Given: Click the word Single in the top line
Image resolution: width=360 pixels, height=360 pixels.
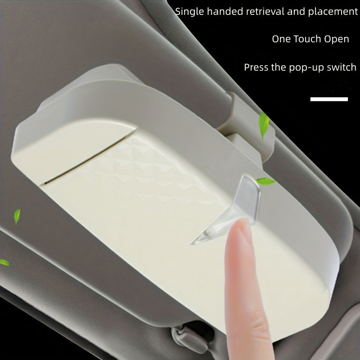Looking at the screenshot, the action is tap(189, 12).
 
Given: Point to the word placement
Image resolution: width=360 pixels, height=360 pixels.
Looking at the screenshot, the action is tap(333, 12).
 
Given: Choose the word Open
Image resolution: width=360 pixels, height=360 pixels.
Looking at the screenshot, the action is tap(336, 39).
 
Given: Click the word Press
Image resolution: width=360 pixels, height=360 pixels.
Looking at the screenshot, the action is tap(256, 67).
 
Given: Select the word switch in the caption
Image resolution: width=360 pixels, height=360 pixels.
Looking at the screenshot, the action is tap(342, 67).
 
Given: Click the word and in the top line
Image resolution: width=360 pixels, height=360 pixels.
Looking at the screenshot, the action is tap(296, 11).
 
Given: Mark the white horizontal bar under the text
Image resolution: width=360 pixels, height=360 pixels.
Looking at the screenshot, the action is tap(329, 99).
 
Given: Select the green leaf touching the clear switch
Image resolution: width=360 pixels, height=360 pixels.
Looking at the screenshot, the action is tap(266, 181).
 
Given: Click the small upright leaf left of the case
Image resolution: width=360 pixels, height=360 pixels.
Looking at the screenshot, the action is tap(17, 216).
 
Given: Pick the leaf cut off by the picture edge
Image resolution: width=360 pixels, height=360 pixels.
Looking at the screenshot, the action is tap(4, 262).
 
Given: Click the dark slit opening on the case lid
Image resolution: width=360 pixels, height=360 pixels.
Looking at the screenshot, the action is tap(85, 160).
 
